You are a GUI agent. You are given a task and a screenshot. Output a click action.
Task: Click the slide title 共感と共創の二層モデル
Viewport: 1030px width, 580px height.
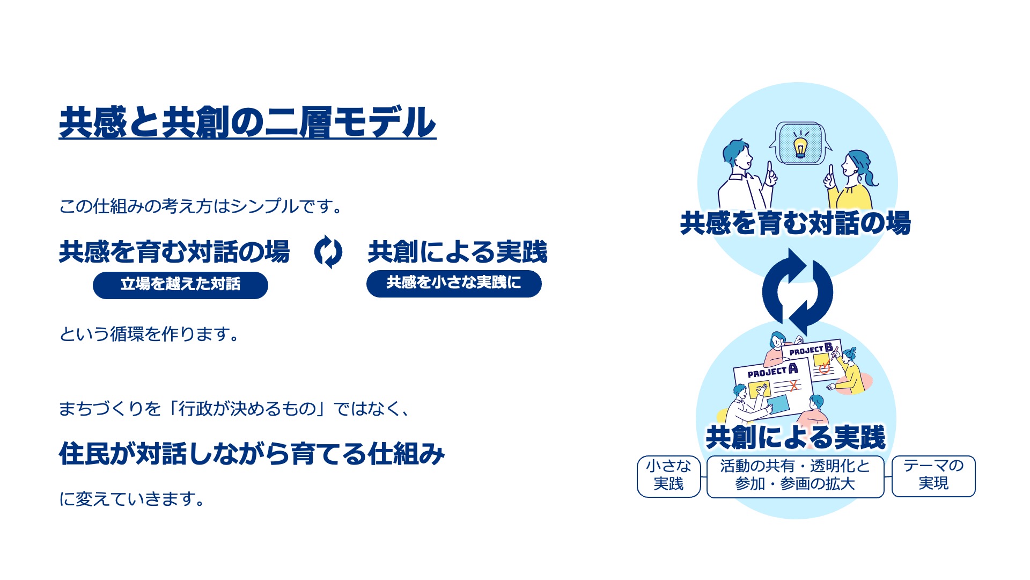point(247,122)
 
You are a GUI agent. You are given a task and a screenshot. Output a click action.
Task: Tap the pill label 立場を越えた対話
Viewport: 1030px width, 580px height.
point(180,285)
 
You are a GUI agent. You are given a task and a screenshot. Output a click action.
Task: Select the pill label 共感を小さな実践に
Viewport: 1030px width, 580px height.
point(454,284)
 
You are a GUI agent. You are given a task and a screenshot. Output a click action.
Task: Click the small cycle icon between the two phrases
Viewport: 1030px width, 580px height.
point(328,252)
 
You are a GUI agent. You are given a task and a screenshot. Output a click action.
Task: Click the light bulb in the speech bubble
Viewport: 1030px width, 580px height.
point(800,144)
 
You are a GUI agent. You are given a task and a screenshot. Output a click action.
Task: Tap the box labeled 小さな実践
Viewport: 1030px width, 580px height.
point(668,476)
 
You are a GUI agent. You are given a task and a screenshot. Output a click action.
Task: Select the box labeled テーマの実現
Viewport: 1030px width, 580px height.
point(933,476)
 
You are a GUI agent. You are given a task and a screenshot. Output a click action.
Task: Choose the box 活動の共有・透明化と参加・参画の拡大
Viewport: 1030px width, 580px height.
point(795,476)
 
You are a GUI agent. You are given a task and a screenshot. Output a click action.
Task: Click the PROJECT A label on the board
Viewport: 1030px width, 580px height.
point(772,371)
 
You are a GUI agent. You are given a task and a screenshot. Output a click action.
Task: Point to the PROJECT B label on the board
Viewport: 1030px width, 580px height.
point(811,349)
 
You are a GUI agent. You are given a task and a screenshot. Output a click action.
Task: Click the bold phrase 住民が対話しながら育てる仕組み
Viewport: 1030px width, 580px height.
point(252,454)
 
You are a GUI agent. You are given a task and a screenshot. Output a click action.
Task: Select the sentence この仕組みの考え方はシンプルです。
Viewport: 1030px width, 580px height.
point(201,206)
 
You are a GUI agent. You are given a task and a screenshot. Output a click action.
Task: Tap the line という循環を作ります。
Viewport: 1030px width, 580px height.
point(149,334)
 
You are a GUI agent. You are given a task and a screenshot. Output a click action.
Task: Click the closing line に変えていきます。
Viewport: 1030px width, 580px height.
point(131,499)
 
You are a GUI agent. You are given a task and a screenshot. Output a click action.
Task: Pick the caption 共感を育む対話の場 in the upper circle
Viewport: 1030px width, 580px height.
point(796,223)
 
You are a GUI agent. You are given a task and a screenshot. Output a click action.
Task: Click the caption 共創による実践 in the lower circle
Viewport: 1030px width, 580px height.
point(796,437)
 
